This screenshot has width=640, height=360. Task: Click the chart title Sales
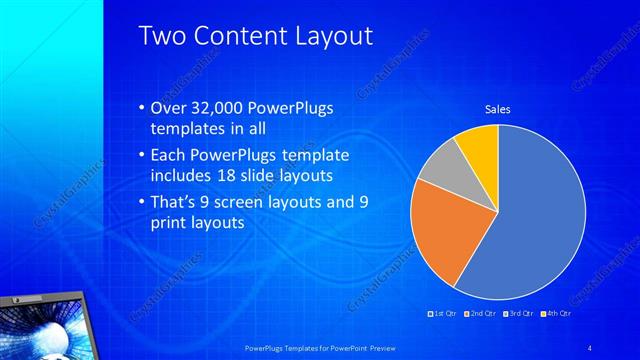tap(497, 109)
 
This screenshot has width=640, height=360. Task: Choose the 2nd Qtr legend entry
tap(482, 314)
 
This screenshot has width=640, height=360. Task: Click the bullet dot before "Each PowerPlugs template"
tap(140, 155)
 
